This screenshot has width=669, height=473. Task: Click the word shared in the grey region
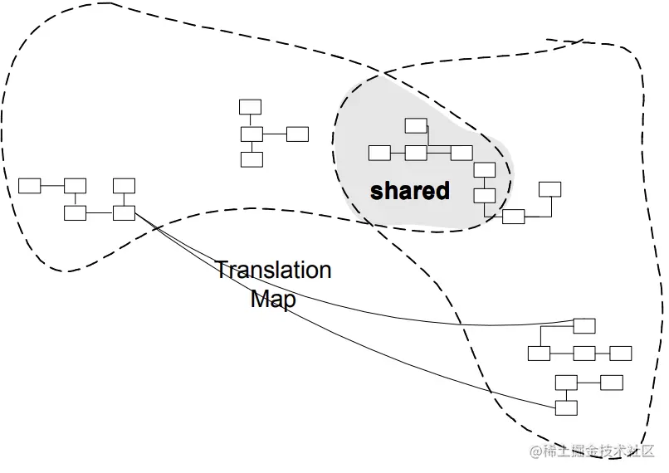pos(409,191)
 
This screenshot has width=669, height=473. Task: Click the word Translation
pos(273,271)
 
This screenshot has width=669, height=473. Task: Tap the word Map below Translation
pos(272,299)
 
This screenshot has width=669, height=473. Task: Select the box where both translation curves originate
pos(124,212)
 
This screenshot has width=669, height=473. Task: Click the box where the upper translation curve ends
pos(584,324)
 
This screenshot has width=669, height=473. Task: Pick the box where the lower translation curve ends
pos(566,407)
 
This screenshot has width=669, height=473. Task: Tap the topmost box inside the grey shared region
pos(416,125)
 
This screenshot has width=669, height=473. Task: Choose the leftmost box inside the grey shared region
pos(379,153)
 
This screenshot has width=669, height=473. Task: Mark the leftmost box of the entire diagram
pos(30,185)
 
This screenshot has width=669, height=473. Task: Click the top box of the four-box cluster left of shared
pos(250,106)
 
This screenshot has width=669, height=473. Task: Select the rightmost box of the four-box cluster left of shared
pos(297,134)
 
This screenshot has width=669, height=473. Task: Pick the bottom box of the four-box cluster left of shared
pos(251,158)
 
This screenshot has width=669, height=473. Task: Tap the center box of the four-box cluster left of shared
pos(251,134)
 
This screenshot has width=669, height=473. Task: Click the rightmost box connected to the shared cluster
pos(549,188)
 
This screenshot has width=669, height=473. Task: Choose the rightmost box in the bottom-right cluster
pos(620,354)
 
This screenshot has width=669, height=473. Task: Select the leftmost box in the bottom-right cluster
pos(539,354)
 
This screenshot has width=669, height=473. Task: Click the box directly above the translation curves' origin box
pos(124,185)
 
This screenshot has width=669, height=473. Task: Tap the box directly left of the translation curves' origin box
pos(76,212)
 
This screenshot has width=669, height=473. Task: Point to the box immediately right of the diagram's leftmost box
pos(76,185)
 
